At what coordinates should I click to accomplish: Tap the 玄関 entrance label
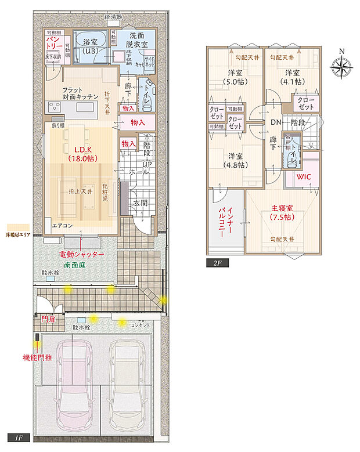coord(140,203)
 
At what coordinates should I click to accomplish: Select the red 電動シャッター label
coord(82,254)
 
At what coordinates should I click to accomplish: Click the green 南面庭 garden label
coord(76,264)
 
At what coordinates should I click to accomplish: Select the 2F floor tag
coord(217,263)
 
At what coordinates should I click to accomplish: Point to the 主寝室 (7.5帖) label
coord(280,213)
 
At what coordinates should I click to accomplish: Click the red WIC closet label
coord(304,177)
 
